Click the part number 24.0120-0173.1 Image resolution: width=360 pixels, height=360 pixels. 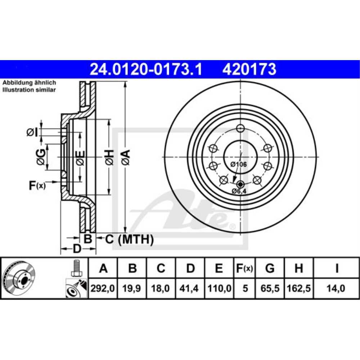145,69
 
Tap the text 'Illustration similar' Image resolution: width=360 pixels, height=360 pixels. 29,90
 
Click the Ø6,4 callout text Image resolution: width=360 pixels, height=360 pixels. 239,191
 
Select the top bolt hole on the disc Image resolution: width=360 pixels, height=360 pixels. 240,128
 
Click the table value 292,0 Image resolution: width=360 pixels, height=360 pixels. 103,288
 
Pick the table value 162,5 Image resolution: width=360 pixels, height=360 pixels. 298,288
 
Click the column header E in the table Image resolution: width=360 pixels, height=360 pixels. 219,268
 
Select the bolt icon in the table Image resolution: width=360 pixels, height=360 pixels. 76,268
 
